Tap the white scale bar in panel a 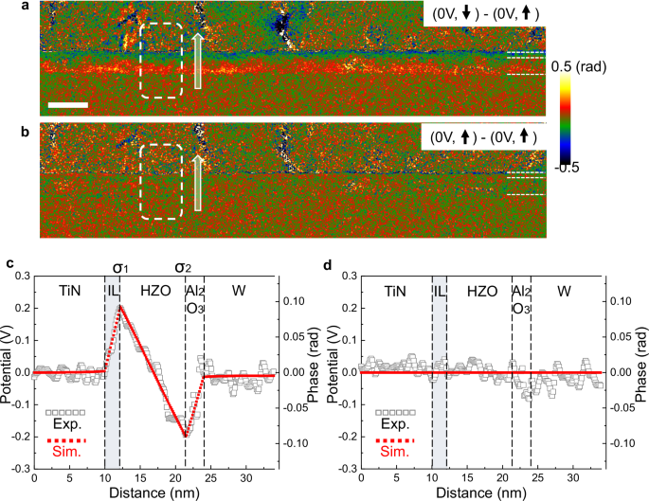click(68, 104)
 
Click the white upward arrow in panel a click(197, 60)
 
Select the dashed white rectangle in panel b click(160, 181)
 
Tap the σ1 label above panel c click(120, 267)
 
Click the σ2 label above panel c click(184, 267)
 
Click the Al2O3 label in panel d click(520, 302)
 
